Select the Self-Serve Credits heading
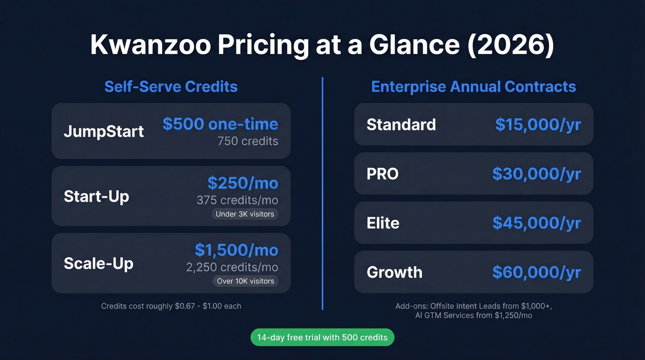click(x=171, y=87)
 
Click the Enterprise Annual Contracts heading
click(x=474, y=87)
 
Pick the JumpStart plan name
click(x=104, y=131)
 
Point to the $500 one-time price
click(x=220, y=124)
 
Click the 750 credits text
click(x=248, y=141)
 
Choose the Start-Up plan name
click(x=96, y=196)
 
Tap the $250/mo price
click(x=243, y=183)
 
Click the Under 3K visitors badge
click(x=245, y=214)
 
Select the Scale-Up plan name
click(x=99, y=263)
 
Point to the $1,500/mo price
click(x=236, y=250)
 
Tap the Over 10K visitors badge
click(x=246, y=281)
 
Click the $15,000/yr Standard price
click(x=538, y=124)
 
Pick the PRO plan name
click(x=382, y=174)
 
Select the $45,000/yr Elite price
click(x=537, y=223)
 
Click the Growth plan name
click(x=394, y=272)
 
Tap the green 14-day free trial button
click(x=322, y=337)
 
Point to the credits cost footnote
click(x=171, y=306)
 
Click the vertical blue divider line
click(x=322, y=194)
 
